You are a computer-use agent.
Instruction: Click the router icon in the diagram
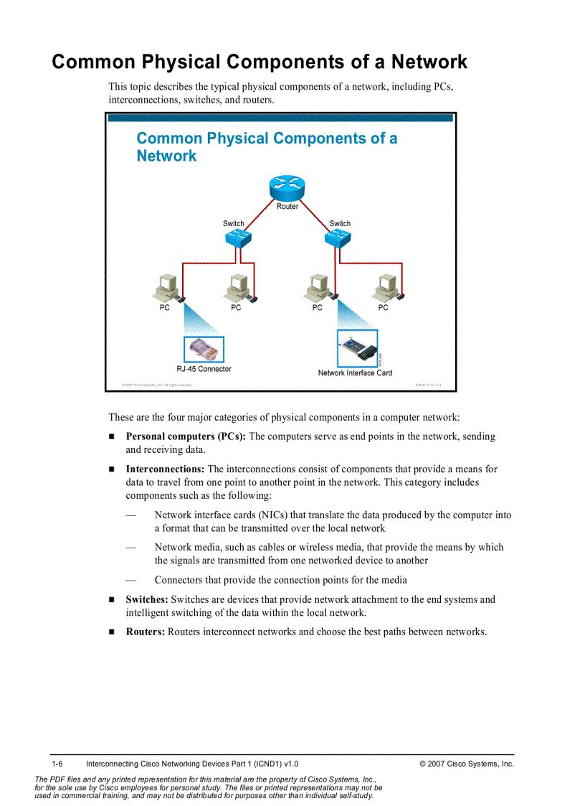287,188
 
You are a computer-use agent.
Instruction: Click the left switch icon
234,240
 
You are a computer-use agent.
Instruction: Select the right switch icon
338,240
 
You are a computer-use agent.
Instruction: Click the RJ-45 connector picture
204,350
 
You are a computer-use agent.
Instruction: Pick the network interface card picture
357,350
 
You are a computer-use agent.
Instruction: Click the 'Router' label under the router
287,207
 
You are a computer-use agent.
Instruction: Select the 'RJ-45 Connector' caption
204,369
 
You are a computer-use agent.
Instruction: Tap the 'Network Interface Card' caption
355,373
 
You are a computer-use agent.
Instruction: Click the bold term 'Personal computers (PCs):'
186,436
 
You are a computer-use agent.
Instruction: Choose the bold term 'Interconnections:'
165,469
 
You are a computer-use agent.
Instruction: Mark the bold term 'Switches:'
147,599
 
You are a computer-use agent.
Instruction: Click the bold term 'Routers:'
146,632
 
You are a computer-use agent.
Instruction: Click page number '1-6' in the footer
58,764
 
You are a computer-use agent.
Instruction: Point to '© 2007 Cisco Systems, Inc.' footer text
467,764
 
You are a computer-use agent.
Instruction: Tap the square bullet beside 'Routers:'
112,632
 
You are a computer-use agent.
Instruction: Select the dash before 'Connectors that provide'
130,580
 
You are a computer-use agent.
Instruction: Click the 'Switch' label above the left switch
233,223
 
